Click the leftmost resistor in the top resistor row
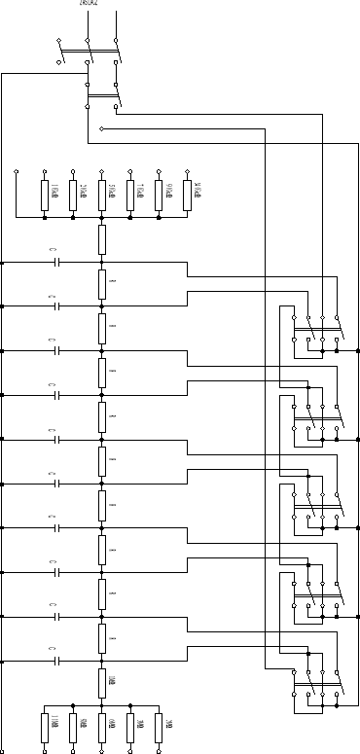[45, 194]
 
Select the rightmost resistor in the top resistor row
[186, 194]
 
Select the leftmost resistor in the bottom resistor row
[45, 726]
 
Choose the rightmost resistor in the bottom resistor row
[158, 726]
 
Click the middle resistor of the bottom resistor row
[101, 726]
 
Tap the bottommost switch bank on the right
[315, 682]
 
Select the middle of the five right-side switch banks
[315, 505]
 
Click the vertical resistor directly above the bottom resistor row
[101, 680]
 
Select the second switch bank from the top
[315, 417]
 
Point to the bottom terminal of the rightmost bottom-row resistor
[158, 750]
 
